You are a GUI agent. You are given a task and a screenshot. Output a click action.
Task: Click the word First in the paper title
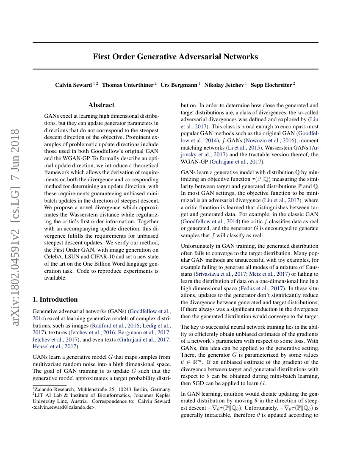coord(102,57)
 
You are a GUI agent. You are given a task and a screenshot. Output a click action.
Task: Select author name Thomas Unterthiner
coord(128,85)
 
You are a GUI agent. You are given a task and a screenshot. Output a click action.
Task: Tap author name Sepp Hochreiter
coord(271,85)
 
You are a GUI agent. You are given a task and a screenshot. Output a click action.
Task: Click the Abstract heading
coord(101,105)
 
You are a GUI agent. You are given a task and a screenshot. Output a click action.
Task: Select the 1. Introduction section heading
coord(55,300)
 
